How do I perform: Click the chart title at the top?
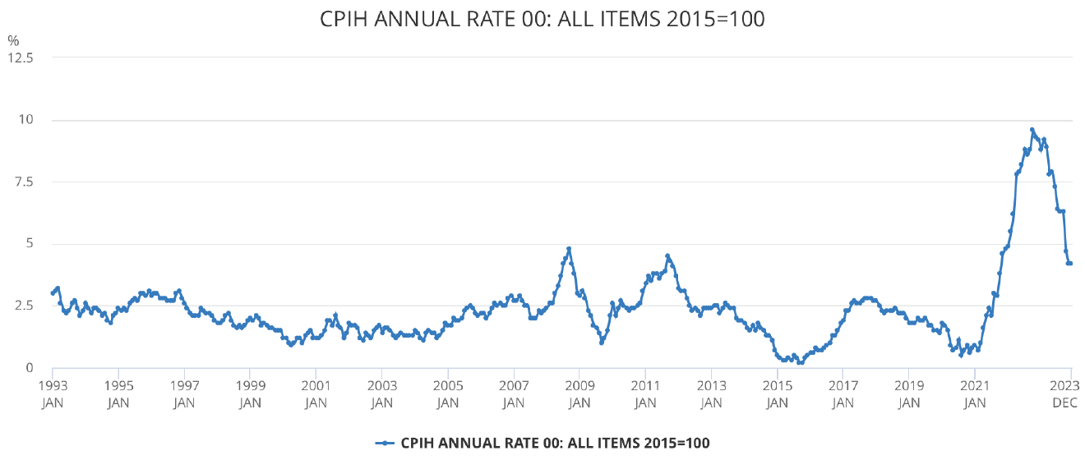[x=542, y=19]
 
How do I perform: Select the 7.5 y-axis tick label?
[x=23, y=182]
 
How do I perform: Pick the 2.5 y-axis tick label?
[x=23, y=306]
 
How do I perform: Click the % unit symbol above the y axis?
[x=12, y=39]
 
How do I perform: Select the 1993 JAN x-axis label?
[x=53, y=393]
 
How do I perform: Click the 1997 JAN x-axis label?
[x=184, y=393]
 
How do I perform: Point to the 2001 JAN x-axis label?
[x=316, y=393]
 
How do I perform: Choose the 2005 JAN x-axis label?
[x=448, y=393]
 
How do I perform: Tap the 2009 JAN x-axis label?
[x=579, y=393]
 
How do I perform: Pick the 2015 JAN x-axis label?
[x=778, y=393]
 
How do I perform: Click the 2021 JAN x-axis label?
[x=975, y=393]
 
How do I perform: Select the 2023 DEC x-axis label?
[x=1071, y=393]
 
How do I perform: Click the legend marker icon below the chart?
[x=385, y=443]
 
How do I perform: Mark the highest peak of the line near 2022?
[x=1032, y=130]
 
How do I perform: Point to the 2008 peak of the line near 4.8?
[x=569, y=248]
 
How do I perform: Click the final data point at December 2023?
[x=1071, y=264]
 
